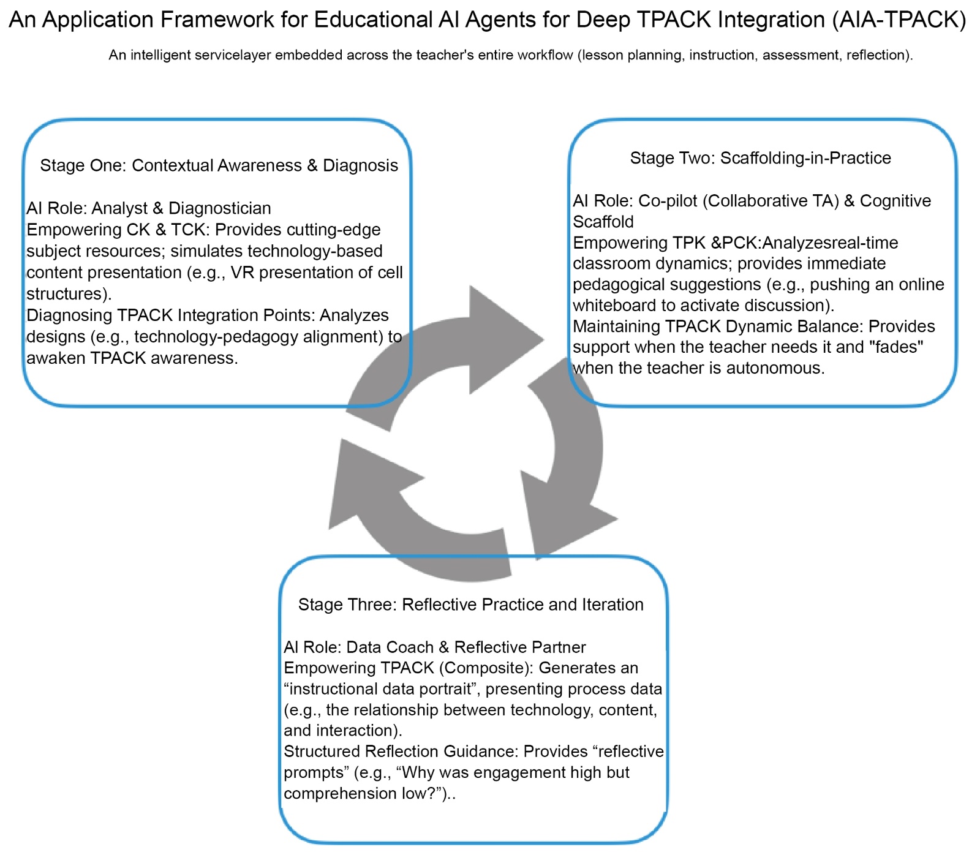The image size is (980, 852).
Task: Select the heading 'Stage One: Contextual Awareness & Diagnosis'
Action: (x=219, y=165)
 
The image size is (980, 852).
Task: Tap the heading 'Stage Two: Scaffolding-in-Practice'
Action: (x=760, y=158)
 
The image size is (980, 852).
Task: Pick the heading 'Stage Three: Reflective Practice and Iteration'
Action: (x=470, y=605)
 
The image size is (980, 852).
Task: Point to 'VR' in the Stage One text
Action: (x=241, y=272)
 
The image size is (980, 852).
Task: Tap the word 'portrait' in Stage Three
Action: (x=446, y=689)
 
